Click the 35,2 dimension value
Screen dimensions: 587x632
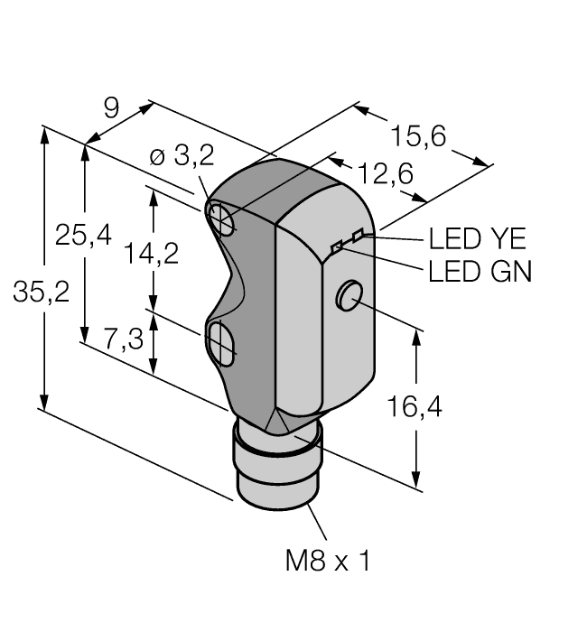point(42,293)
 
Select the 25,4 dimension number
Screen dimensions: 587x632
point(83,235)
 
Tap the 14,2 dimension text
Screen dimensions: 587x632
point(151,254)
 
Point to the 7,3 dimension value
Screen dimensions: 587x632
point(124,339)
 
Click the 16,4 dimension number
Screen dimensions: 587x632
point(415,406)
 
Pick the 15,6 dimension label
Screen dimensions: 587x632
point(419,135)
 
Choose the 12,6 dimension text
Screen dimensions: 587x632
point(386,173)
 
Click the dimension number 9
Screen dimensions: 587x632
point(112,108)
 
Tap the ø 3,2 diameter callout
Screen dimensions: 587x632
point(182,156)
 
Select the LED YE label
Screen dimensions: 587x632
point(477,239)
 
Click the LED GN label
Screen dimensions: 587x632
point(480,271)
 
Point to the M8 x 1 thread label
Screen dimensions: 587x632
point(327,561)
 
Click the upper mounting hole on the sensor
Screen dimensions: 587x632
point(221,219)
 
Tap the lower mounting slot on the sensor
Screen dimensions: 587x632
point(220,344)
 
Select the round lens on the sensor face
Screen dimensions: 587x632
point(349,296)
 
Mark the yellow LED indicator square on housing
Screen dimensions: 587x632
point(358,235)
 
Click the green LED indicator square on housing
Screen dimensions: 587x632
point(336,246)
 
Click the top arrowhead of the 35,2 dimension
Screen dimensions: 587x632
point(45,136)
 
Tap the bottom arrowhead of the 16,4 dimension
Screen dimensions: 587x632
point(416,479)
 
